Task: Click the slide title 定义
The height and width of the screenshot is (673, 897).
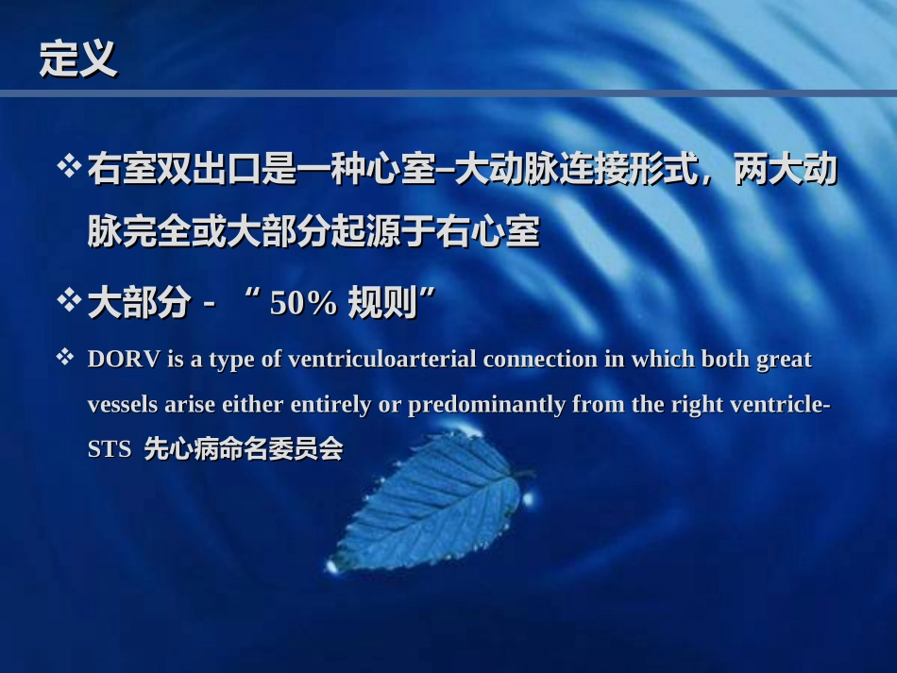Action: pyautogui.click(x=77, y=59)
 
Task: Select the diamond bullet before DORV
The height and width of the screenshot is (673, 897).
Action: pyautogui.click(x=65, y=358)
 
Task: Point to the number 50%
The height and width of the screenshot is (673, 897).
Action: pyautogui.click(x=303, y=304)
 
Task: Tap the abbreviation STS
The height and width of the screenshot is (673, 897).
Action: pyautogui.click(x=109, y=450)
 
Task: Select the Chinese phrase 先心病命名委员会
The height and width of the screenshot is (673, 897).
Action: pyautogui.click(x=243, y=450)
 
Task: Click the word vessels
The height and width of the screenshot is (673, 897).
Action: pyautogui.click(x=123, y=405)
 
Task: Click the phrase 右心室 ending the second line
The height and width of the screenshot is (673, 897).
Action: pyautogui.click(x=504, y=232)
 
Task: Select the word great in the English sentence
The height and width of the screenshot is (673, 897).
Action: pyautogui.click(x=786, y=360)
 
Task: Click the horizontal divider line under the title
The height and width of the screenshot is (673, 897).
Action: pyautogui.click(x=448, y=93)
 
